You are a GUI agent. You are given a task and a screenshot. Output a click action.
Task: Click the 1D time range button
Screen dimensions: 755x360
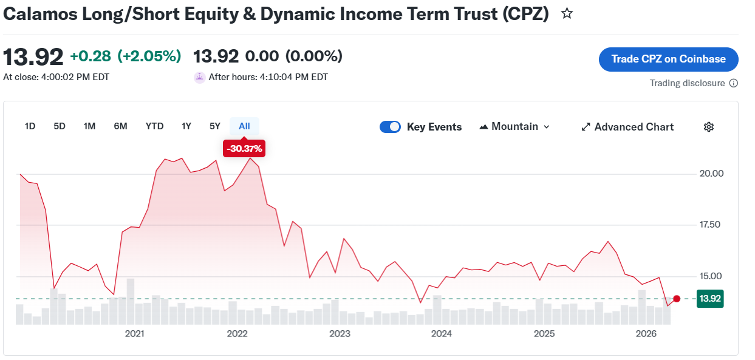point(30,126)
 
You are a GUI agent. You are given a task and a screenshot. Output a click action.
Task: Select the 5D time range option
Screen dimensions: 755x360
point(60,126)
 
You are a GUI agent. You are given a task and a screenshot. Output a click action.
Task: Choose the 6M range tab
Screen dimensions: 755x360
point(120,126)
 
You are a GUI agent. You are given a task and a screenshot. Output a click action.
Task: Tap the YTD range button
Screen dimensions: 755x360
point(154,126)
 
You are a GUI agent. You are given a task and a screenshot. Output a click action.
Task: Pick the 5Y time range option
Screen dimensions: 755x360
point(214,126)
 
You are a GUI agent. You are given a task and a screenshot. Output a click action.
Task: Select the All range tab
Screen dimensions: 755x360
point(244,126)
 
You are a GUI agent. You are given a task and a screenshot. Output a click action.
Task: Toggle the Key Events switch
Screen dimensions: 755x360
point(390,127)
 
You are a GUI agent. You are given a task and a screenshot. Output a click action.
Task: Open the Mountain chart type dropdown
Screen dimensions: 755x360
point(514,127)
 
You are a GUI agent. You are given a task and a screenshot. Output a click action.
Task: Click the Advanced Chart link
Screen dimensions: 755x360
point(627,127)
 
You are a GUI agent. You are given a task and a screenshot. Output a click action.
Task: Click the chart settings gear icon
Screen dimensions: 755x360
point(709,127)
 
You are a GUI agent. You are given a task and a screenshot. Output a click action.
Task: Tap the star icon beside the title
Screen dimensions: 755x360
point(567,13)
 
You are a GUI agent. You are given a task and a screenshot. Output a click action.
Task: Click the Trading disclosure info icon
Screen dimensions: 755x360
point(733,83)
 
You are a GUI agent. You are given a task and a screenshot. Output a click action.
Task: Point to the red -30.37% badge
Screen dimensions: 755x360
point(244,149)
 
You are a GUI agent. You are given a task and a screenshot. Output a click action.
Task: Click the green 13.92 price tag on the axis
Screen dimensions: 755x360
point(710,299)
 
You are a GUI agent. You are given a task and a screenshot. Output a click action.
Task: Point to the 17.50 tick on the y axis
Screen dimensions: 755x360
point(710,225)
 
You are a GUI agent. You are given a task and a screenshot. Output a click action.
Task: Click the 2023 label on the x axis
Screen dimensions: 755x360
point(340,334)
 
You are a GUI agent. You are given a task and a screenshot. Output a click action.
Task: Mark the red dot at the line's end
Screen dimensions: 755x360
point(677,299)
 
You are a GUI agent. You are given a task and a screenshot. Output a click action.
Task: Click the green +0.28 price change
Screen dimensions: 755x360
point(91,56)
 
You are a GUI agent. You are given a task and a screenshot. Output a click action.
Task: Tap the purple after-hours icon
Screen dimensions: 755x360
point(200,78)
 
